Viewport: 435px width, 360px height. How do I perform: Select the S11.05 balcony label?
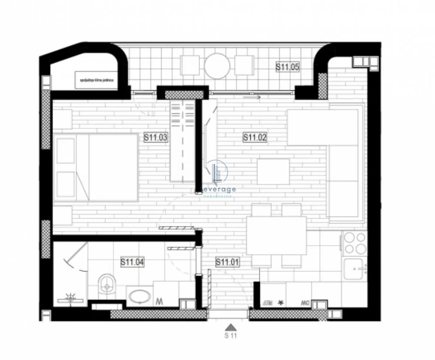(x=288, y=67)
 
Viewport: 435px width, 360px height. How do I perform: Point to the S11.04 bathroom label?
(x=132, y=262)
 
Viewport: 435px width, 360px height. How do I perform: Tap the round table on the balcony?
(x=217, y=65)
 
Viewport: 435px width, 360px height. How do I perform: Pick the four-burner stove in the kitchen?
(x=355, y=243)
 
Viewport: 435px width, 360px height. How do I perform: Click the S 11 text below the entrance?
(x=231, y=336)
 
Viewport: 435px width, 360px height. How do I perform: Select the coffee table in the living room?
(x=273, y=172)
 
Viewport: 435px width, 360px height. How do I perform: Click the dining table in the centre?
(x=276, y=236)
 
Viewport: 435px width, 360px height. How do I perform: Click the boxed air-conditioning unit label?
(x=97, y=80)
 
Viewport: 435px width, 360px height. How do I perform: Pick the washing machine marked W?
(x=160, y=300)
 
